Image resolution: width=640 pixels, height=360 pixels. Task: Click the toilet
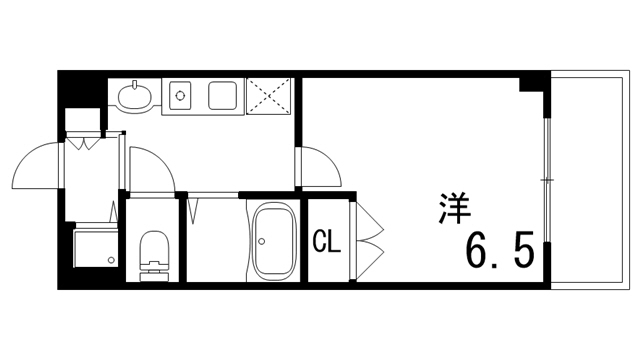tap(153, 252)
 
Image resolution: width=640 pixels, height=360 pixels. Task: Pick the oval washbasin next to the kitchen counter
tap(134, 97)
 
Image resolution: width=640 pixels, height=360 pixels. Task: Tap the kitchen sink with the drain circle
tap(182, 97)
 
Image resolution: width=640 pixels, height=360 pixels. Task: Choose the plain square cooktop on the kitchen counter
tap(223, 97)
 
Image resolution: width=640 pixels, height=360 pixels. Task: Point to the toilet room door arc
tap(150, 165)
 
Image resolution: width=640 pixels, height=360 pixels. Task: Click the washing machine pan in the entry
tap(96, 247)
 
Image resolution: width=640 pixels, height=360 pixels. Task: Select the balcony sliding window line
tap(547, 180)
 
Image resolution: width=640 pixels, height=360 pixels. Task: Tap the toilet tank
tap(154, 269)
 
